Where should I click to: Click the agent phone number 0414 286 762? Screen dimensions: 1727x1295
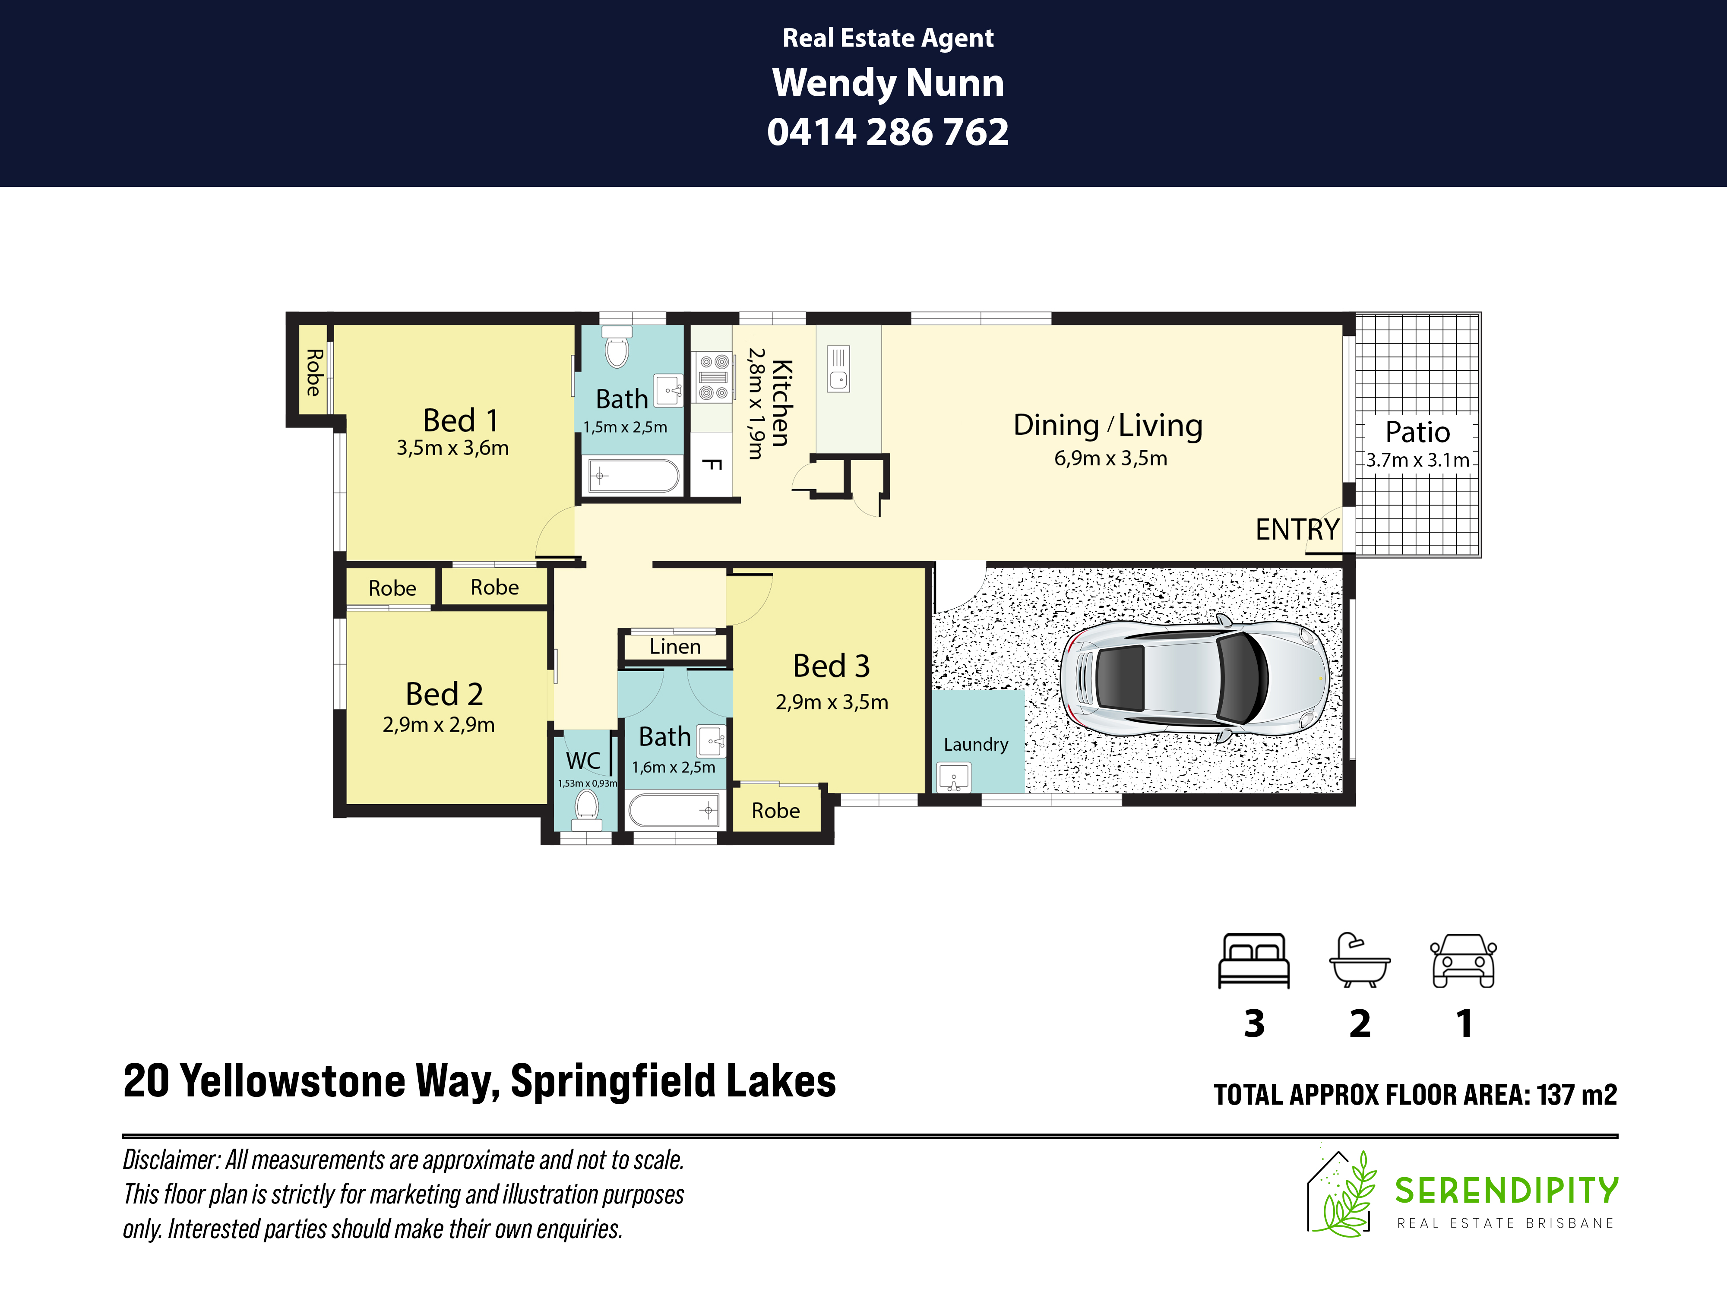[x=888, y=132]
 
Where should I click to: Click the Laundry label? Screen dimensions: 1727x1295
[x=976, y=745]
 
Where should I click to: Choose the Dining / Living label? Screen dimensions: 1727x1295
[x=1108, y=426]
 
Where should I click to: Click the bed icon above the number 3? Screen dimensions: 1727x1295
[x=1254, y=961]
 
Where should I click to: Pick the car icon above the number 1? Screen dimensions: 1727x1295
[x=1463, y=961]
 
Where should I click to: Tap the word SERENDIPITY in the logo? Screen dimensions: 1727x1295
[x=1507, y=1191]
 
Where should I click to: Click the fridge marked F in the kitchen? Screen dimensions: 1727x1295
[x=711, y=465]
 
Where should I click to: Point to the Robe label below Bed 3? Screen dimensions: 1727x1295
[x=775, y=810]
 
